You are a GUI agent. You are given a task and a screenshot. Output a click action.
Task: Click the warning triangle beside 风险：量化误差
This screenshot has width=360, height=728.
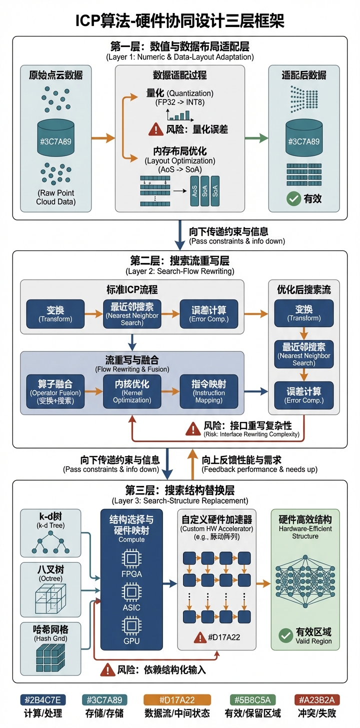(155, 129)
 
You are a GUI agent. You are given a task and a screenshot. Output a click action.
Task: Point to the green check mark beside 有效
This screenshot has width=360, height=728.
(293, 198)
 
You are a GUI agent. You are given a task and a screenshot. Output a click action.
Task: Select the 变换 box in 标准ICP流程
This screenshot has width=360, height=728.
(55, 313)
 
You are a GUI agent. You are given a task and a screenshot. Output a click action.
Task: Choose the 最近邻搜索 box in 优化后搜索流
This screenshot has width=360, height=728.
(304, 354)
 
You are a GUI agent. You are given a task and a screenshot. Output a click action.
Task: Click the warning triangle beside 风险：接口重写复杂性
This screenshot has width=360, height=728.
(193, 428)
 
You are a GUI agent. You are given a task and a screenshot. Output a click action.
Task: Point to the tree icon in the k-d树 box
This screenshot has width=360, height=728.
(50, 542)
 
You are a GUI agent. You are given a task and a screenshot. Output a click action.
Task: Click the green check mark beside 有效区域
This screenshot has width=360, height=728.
(285, 635)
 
